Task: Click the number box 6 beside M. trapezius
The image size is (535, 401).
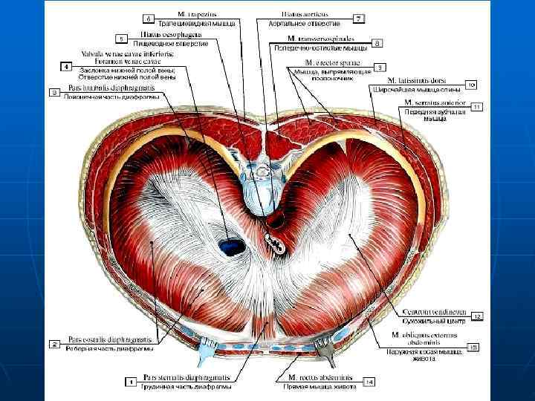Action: (148, 17)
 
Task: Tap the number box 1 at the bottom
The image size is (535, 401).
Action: (131, 382)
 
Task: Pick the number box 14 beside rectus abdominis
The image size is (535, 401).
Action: (369, 382)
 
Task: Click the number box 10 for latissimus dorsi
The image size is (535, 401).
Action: (470, 84)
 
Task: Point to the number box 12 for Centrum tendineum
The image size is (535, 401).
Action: (477, 317)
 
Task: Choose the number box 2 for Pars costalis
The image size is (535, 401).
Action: (54, 344)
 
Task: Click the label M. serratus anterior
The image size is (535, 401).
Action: (435, 101)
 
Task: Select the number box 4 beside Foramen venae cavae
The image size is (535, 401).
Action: (66, 67)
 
